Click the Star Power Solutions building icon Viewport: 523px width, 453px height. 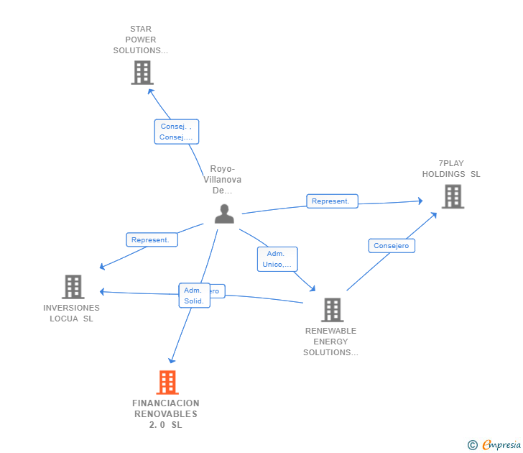[142, 73]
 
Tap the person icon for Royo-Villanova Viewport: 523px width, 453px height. [224, 214]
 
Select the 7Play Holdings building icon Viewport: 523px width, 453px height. [452, 196]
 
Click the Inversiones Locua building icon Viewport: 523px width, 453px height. [73, 287]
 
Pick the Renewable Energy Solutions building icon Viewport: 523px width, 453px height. [331, 310]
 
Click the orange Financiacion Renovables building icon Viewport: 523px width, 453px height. [167, 383]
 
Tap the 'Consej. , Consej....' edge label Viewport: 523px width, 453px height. [176, 132]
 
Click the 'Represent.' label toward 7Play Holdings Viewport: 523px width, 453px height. [332, 201]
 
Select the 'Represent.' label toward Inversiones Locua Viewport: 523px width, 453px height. [152, 240]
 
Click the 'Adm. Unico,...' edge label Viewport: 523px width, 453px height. [277, 259]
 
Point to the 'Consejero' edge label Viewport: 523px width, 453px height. [392, 246]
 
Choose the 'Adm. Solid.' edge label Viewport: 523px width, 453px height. [193, 296]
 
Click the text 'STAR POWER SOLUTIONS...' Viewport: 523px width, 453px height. [141, 40]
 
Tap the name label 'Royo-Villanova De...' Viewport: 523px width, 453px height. [223, 180]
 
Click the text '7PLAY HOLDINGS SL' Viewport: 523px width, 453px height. [451, 169]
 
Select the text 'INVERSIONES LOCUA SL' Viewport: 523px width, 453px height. [71, 313]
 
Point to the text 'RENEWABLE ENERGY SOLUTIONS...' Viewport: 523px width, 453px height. [330, 342]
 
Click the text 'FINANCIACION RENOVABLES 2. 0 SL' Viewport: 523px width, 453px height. [166, 413]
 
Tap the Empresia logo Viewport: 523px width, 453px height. [501, 445]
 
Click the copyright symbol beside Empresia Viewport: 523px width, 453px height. [473, 445]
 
